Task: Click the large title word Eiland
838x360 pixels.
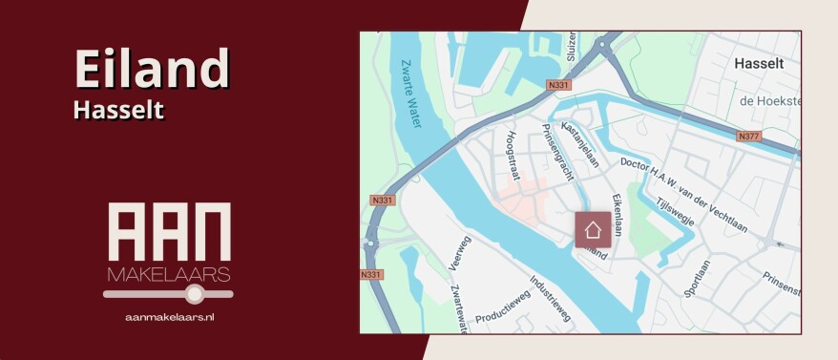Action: coord(152,69)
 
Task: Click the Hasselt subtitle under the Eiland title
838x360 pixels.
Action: coord(118,111)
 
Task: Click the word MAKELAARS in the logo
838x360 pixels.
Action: coord(168,275)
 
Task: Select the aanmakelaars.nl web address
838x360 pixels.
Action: coord(169,315)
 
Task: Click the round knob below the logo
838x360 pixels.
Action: coord(194,294)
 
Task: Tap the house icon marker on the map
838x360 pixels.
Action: coord(593,229)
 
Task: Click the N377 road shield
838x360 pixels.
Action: coord(749,137)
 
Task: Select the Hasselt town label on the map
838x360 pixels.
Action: coord(760,63)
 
